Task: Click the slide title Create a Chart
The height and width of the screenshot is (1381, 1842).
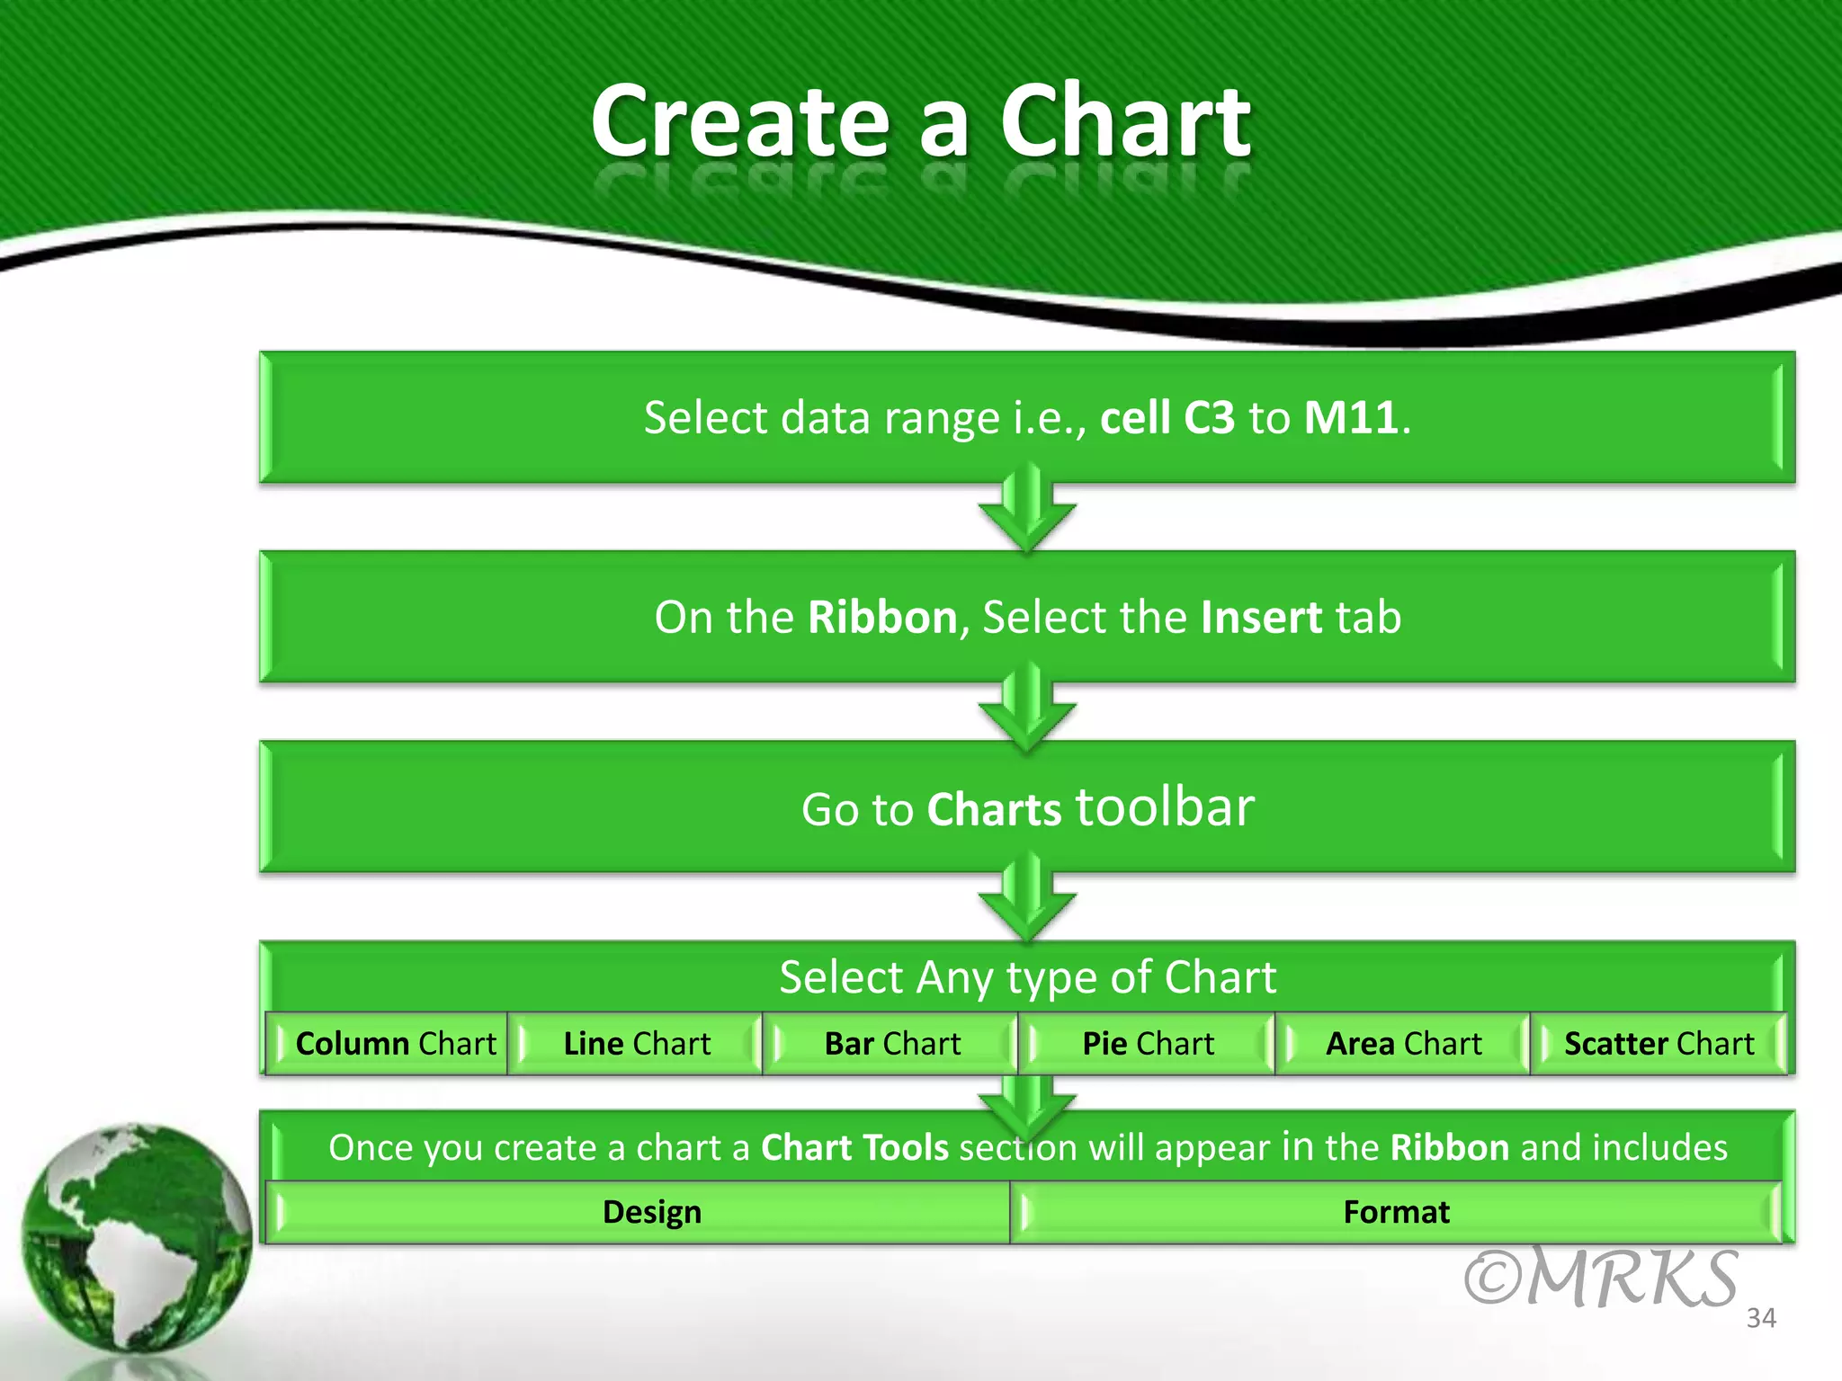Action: click(x=919, y=121)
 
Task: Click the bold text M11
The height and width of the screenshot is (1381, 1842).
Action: click(x=1351, y=418)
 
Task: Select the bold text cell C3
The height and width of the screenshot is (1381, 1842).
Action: click(x=1167, y=418)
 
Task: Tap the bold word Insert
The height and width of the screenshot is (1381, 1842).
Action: click(x=1261, y=618)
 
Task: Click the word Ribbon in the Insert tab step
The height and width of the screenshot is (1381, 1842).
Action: click(x=882, y=618)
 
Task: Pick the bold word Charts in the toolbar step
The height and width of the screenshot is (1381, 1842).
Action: click(x=994, y=809)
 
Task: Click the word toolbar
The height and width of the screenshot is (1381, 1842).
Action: click(x=1164, y=806)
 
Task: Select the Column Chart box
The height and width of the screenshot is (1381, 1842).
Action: click(x=395, y=1044)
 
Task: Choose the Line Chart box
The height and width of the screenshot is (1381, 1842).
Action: click(x=637, y=1044)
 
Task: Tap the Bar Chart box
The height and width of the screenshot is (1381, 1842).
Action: click(x=892, y=1044)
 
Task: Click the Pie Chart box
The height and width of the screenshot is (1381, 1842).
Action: click(x=1148, y=1044)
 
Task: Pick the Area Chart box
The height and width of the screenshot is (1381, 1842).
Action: click(x=1403, y=1044)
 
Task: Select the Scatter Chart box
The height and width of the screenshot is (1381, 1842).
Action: click(x=1659, y=1044)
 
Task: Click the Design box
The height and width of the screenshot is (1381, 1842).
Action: click(x=651, y=1212)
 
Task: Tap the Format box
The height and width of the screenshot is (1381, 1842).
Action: click(x=1396, y=1212)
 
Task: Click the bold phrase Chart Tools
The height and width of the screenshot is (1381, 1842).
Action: click(x=854, y=1148)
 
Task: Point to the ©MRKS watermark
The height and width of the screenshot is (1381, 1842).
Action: click(x=1600, y=1279)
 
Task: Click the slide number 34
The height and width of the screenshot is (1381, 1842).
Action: click(x=1761, y=1318)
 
